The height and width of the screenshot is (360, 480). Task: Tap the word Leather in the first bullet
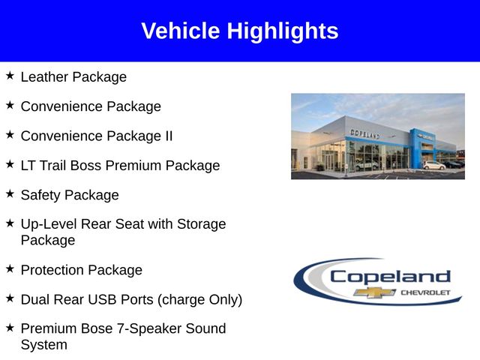(x=45, y=77)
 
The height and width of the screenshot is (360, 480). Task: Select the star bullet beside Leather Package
(x=10, y=76)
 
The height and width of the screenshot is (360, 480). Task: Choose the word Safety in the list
(x=40, y=196)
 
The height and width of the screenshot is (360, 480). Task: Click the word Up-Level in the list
(x=48, y=224)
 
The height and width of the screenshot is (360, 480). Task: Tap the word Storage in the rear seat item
(x=202, y=224)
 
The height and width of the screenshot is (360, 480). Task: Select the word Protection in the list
(x=52, y=270)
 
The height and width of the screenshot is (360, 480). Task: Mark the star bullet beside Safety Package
(x=10, y=194)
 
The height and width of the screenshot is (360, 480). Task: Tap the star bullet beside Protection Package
(x=10, y=268)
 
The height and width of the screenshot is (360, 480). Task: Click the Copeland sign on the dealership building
(x=365, y=133)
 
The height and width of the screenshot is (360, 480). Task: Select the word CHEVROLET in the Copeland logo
(x=425, y=292)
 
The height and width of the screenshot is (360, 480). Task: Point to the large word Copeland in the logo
(x=389, y=276)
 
